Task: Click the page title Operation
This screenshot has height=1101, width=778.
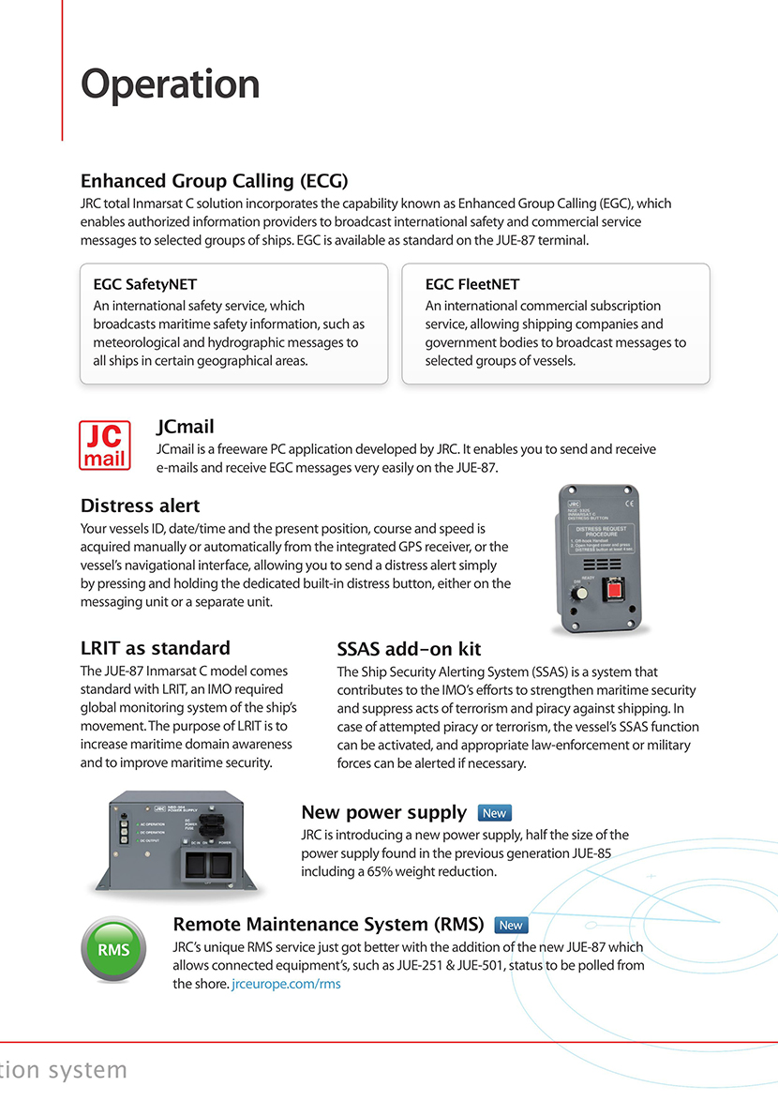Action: (x=170, y=85)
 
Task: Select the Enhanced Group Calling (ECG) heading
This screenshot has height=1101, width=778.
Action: (x=215, y=181)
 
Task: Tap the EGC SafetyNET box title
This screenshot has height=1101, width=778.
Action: (x=145, y=284)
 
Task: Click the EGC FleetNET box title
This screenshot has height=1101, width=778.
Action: (x=471, y=284)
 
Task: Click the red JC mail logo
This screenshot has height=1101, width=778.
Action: (x=105, y=445)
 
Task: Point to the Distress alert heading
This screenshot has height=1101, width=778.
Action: (x=141, y=506)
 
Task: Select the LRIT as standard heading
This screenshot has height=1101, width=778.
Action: (x=155, y=648)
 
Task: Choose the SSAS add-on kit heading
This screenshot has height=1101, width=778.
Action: (x=409, y=649)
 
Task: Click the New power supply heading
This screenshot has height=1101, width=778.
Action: (x=383, y=812)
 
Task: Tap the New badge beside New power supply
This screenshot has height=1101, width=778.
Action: (x=494, y=813)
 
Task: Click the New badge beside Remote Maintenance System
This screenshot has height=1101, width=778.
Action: (x=510, y=925)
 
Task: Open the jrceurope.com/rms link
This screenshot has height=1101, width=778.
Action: (x=286, y=984)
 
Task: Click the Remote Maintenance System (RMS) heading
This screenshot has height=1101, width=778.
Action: (x=328, y=925)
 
